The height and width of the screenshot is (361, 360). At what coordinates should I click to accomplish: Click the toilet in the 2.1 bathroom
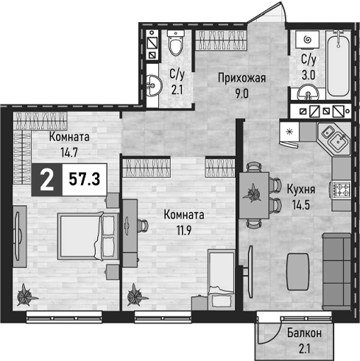coord(176,43)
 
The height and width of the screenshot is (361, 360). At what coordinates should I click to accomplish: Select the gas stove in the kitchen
coord(341,190)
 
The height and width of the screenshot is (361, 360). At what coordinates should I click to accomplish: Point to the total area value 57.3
coord(85,179)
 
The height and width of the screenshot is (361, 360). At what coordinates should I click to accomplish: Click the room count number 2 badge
coord(47,180)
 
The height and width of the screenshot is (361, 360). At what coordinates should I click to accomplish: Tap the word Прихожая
coord(241,79)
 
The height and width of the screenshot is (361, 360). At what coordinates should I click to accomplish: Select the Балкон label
coord(304,333)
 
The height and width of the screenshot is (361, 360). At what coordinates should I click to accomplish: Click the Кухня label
coord(301,190)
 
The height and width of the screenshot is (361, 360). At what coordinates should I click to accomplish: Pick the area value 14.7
coord(69,153)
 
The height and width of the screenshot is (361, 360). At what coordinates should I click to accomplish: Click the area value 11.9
coord(184,230)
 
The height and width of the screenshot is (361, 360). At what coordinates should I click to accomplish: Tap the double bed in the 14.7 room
coord(88,236)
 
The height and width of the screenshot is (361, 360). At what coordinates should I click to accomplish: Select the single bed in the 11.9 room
coord(222,279)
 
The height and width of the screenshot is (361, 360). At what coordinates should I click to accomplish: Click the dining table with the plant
coord(254,196)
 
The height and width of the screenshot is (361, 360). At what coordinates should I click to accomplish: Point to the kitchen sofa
coord(336,271)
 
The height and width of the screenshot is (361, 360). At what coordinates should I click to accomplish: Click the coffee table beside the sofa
coord(298,272)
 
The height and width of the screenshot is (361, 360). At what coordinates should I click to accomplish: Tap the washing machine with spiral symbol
coord(307,40)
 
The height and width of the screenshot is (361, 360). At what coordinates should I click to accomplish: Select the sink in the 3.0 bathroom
coord(308,93)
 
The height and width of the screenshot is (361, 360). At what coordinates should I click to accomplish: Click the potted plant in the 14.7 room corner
coord(26,295)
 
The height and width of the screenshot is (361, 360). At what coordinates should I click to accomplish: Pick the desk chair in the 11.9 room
coord(143,226)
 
